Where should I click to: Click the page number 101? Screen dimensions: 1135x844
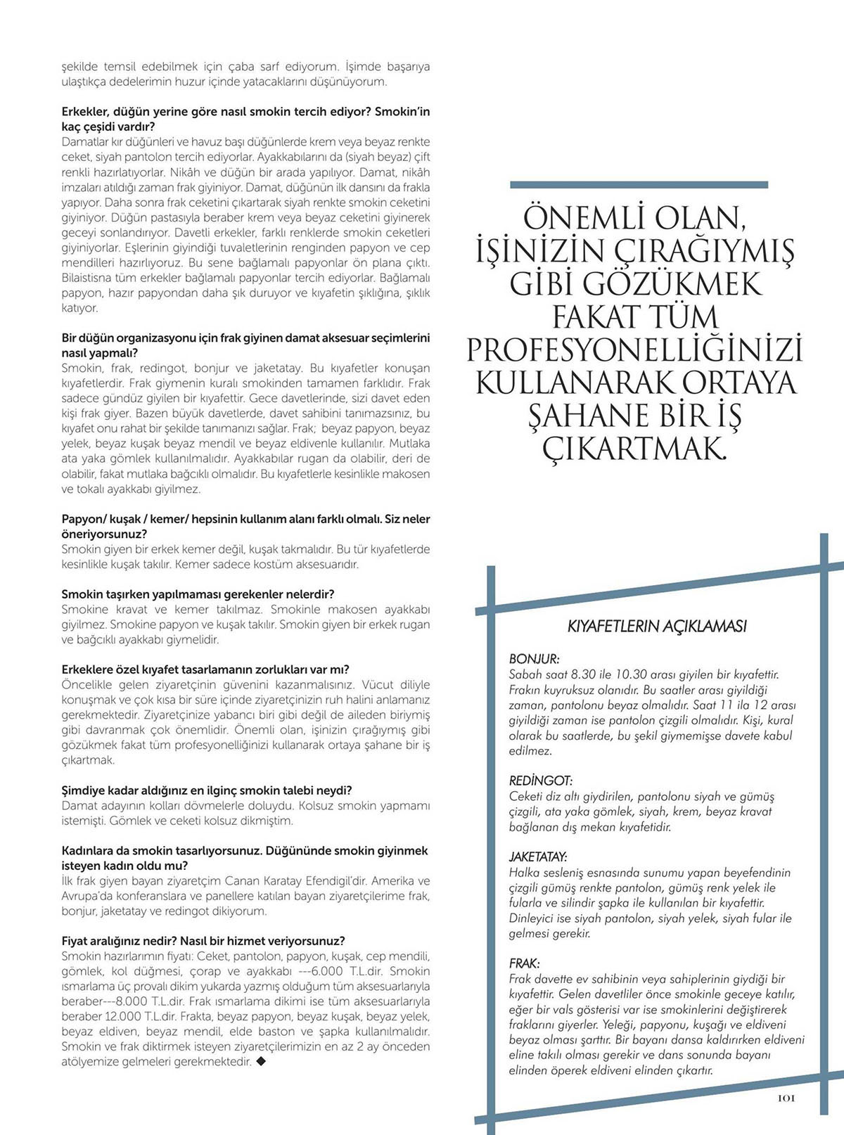click(x=786, y=1098)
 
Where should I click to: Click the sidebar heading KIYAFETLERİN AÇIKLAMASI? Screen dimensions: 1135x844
click(x=657, y=626)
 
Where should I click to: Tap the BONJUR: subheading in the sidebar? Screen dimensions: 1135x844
click(x=534, y=660)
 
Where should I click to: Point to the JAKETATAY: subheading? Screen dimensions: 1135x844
click(x=538, y=857)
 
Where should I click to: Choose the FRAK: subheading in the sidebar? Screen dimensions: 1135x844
click(x=524, y=963)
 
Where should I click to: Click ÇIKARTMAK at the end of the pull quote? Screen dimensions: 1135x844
click(x=634, y=448)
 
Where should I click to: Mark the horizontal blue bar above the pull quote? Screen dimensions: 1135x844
click(x=639, y=185)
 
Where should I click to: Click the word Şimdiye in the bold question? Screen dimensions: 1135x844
click(x=84, y=790)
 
